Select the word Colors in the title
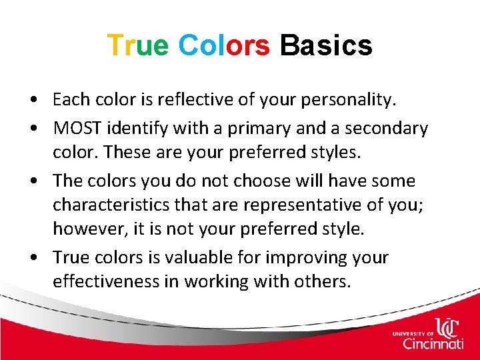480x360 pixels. (224, 45)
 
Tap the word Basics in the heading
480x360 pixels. (326, 45)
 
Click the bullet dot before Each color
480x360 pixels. (41, 101)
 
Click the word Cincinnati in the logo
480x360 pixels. (433, 343)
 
